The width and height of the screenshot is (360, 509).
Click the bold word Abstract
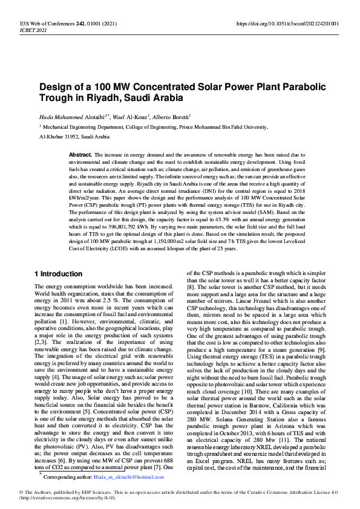(x=80, y=155)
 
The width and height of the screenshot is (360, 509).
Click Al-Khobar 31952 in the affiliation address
(x=63, y=137)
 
